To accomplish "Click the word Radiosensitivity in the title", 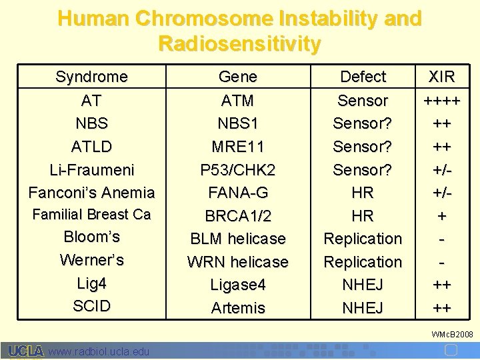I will coord(239,43).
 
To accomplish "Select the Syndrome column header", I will coord(91,77).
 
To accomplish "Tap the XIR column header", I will coord(441,77).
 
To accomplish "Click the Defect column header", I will coord(363,77).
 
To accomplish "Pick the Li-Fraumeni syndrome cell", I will coord(91,169).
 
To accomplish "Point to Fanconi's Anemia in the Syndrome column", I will coord(91,193).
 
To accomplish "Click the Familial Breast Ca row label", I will coord(91,215).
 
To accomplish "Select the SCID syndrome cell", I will coord(91,306).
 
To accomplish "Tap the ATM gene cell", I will coord(237,101).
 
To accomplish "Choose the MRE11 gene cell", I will coord(237,147).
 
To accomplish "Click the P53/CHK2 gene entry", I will coord(237,169).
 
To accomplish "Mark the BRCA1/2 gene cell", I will coord(237,216).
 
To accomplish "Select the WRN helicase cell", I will coord(237,262).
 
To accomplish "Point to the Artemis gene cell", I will coord(237,308).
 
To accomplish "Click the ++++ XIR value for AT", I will coord(441,101).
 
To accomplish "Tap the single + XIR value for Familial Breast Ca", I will coord(441,216).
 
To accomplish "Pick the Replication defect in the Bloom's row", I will coord(363,239).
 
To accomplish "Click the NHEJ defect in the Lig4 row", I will coord(363,285).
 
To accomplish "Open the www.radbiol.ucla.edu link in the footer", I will coord(99,351).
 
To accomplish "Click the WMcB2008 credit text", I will coord(452,333).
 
